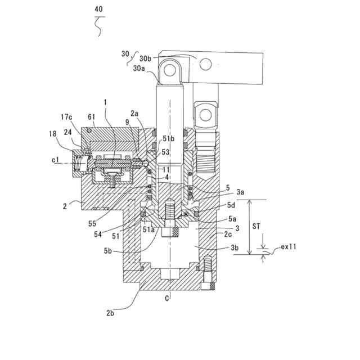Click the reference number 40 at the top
98,9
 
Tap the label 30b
146,58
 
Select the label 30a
139,68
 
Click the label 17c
66,117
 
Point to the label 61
91,117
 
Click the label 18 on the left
53,133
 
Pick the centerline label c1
55,160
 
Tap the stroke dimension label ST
256,226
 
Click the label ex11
289,247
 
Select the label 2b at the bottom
110,313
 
